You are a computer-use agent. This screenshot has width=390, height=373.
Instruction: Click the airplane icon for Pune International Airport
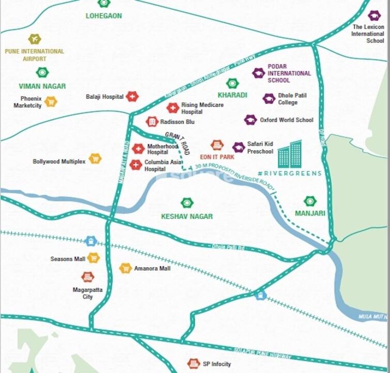[x=35, y=39]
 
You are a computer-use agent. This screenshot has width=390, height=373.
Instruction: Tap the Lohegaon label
[x=104, y=15]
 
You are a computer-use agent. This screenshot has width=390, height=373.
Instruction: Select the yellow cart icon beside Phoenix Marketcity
[x=51, y=102]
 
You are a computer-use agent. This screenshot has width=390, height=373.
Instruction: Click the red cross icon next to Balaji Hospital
[x=132, y=97]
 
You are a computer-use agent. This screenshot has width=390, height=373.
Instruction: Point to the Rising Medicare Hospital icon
[x=173, y=108]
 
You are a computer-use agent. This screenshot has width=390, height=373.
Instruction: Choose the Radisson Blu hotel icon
[x=152, y=121]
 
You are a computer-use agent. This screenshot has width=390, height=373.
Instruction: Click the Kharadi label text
[x=232, y=95]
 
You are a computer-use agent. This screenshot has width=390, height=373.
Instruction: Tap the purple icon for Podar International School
[x=258, y=73]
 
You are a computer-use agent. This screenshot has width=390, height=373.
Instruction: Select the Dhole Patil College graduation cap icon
[x=269, y=99]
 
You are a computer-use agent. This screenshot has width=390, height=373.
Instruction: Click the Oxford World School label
[x=287, y=120]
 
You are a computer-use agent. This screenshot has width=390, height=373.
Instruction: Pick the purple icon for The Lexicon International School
[x=375, y=15]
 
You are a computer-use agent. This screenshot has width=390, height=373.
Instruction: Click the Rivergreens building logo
[x=289, y=154]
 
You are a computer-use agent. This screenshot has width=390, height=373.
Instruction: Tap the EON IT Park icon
[x=217, y=145]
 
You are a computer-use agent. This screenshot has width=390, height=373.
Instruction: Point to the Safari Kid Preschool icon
[x=238, y=148]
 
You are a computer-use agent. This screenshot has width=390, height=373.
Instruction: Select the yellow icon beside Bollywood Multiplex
[x=95, y=159]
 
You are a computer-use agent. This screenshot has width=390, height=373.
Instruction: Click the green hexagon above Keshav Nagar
[x=186, y=203]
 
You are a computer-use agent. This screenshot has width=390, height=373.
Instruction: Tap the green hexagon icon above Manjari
[x=310, y=201]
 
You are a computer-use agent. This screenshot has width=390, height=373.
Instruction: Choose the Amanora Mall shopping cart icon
[x=126, y=268]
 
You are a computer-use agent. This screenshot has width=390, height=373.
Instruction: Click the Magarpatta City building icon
[x=88, y=277]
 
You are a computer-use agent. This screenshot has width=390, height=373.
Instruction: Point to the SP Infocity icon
[x=194, y=364]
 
